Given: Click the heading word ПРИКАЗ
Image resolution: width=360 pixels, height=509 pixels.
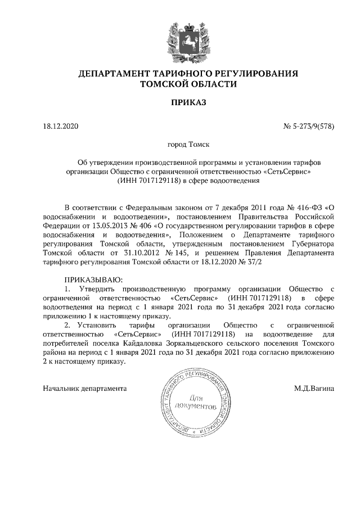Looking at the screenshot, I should point(180,102).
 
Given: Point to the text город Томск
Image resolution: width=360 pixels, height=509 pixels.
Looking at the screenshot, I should point(180,145).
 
